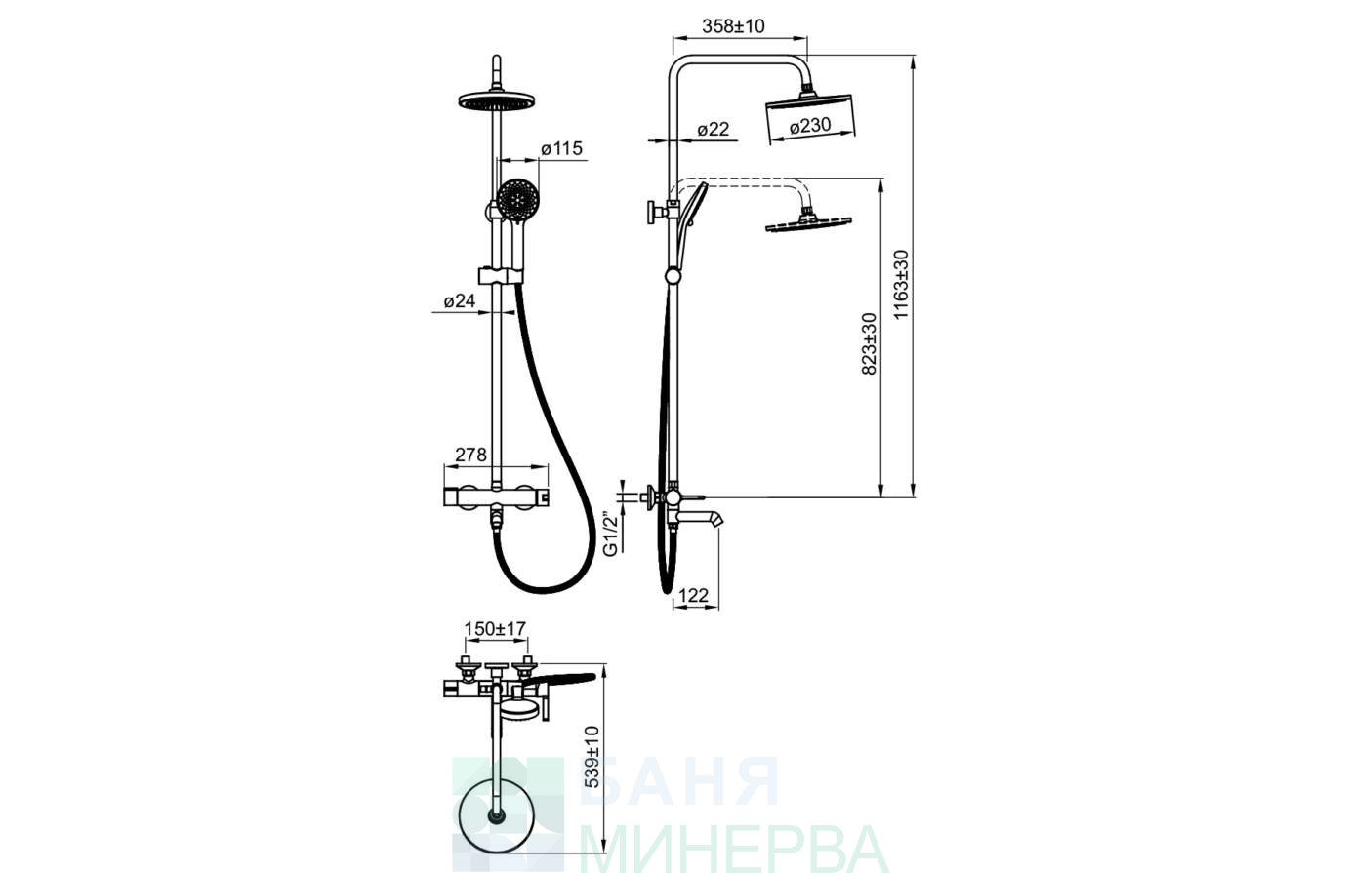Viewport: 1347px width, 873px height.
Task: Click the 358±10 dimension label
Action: (733, 26)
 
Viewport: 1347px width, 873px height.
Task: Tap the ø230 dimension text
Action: (810, 126)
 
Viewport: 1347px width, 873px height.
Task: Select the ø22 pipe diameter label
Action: (714, 129)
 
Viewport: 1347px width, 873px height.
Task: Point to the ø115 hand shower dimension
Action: (561, 148)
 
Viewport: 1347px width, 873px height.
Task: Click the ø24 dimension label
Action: (460, 301)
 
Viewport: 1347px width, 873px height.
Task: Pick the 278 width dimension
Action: (470, 455)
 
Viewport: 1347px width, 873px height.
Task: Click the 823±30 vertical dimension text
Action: (869, 344)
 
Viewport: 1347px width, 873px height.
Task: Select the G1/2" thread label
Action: (610, 534)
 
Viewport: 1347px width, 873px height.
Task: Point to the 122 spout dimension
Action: (693, 595)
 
